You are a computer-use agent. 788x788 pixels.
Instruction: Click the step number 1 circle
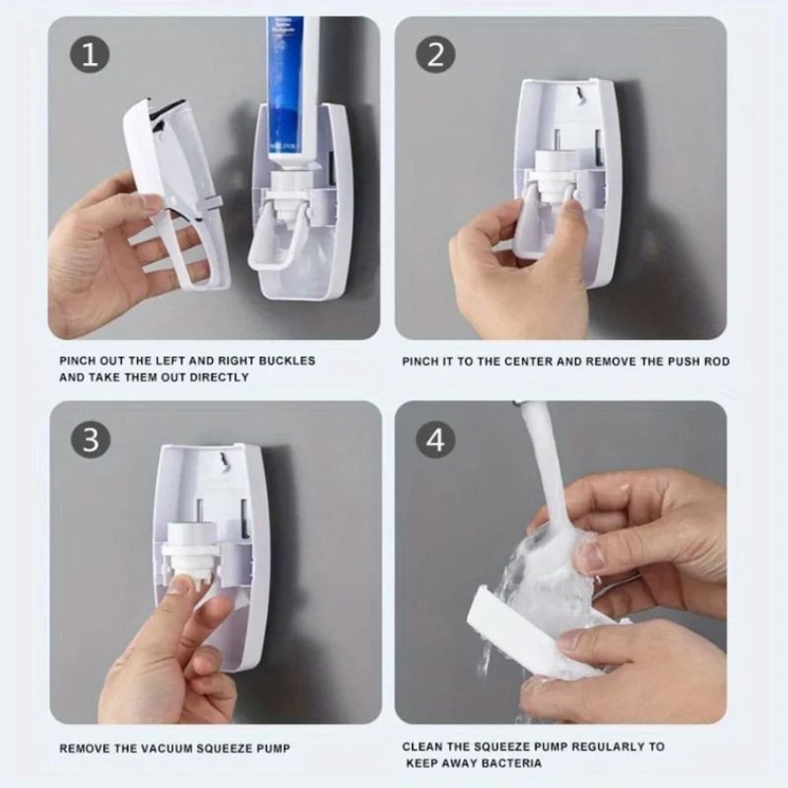pos(91,56)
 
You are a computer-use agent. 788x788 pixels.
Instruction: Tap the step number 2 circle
pos(435,55)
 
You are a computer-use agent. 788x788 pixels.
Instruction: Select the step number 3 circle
pos(91,440)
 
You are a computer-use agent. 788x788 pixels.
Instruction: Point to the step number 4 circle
pos(435,440)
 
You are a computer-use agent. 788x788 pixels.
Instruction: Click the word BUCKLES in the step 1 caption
pos(286,361)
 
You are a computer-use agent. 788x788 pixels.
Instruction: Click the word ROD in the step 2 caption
pos(717,362)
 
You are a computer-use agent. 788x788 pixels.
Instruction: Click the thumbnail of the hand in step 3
pos(180,585)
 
